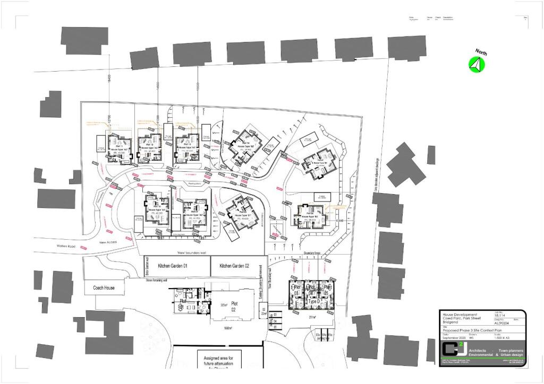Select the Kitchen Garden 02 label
click(x=234, y=266)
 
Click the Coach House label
click(x=104, y=288)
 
